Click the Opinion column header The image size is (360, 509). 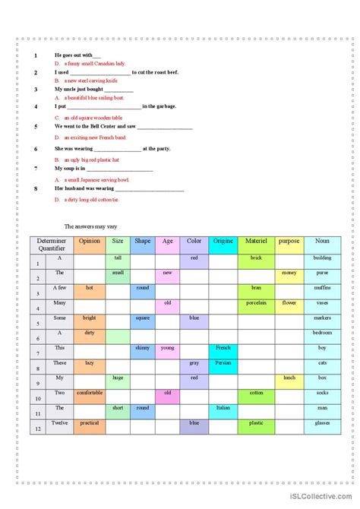90,241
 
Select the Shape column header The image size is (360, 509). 142,241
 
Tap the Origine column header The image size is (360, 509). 223,241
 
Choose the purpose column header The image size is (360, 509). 289,241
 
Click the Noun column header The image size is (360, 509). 322,241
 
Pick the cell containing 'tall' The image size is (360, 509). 118,258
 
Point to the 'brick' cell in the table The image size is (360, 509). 255,258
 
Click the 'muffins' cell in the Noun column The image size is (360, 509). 322,288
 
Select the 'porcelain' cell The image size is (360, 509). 255,302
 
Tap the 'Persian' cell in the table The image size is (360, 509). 223,362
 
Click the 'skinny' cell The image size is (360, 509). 142,347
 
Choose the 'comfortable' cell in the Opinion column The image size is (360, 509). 90,393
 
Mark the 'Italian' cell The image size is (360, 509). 223,408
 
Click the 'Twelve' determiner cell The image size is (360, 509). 60,422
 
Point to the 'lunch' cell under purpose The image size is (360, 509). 289,378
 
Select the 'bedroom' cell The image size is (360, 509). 322,333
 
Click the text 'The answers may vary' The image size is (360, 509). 91,226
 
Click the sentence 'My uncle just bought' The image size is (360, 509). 83,89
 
